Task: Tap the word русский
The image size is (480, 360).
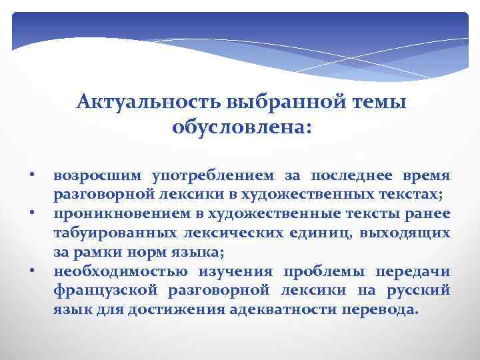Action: (x=423, y=291)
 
